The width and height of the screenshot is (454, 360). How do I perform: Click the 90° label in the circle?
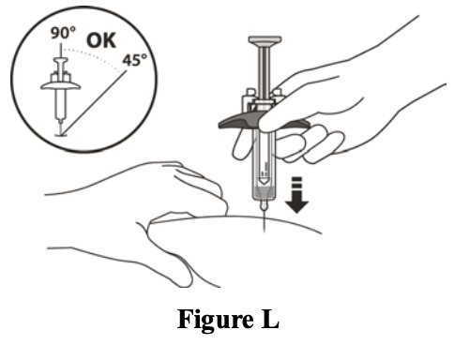click(63, 33)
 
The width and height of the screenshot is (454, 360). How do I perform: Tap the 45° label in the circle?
click(134, 60)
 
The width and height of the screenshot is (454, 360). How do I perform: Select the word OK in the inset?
click(101, 40)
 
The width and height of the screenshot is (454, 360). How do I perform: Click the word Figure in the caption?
click(216, 320)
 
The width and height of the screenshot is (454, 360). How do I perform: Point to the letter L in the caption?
click(270, 319)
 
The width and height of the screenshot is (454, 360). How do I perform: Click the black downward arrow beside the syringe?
click(296, 195)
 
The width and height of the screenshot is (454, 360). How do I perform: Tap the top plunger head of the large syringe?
click(265, 40)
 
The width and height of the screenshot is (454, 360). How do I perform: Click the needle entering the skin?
click(265, 220)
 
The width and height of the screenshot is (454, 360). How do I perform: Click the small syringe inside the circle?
click(61, 94)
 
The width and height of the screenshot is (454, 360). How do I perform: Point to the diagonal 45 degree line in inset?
click(94, 103)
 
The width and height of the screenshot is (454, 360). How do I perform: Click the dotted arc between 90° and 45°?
click(94, 56)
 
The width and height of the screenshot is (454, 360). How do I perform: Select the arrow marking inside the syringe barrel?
click(265, 180)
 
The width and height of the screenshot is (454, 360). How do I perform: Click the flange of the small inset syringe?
click(61, 86)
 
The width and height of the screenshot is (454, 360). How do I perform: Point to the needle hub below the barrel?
click(265, 204)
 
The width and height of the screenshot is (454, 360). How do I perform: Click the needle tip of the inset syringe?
click(61, 132)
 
